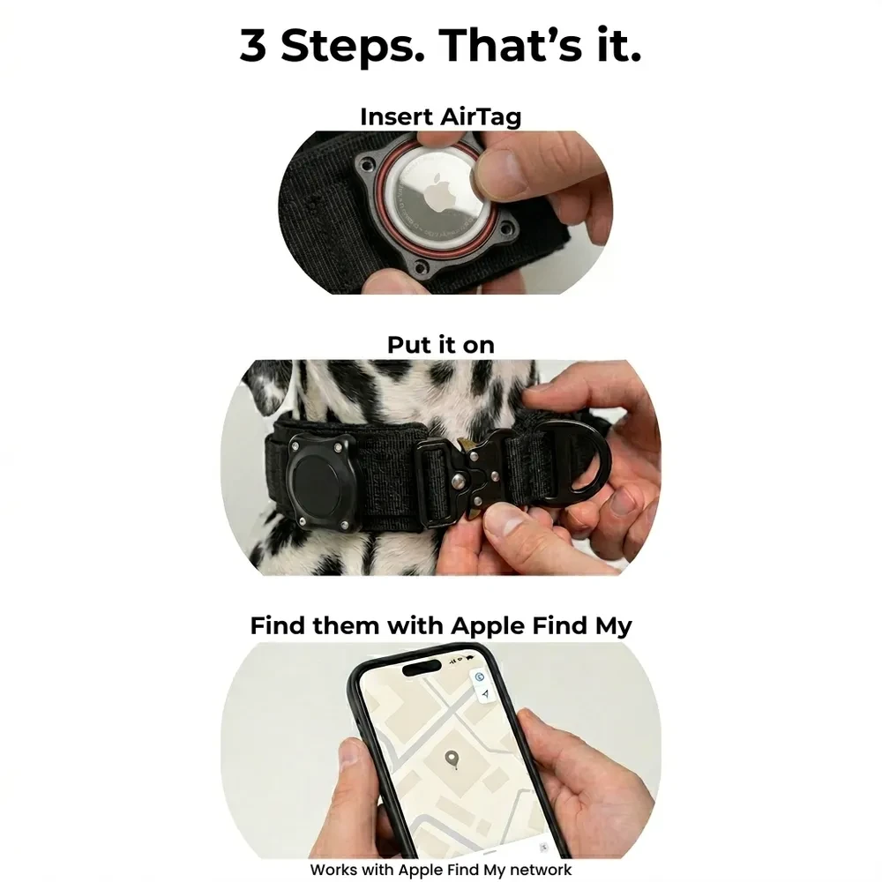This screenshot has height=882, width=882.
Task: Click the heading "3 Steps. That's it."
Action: (x=440, y=46)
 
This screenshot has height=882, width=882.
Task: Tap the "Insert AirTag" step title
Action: (x=440, y=116)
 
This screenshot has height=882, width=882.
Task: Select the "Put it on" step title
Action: (x=440, y=345)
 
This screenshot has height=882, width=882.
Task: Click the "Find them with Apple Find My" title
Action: (x=440, y=626)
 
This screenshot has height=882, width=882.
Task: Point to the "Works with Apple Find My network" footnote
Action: (x=440, y=870)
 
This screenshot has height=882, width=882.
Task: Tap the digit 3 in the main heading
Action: (x=253, y=47)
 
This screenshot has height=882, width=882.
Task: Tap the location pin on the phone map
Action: (x=452, y=759)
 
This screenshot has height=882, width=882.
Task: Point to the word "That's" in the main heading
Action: (x=510, y=46)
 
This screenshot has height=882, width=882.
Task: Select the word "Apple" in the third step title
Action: (x=493, y=626)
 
